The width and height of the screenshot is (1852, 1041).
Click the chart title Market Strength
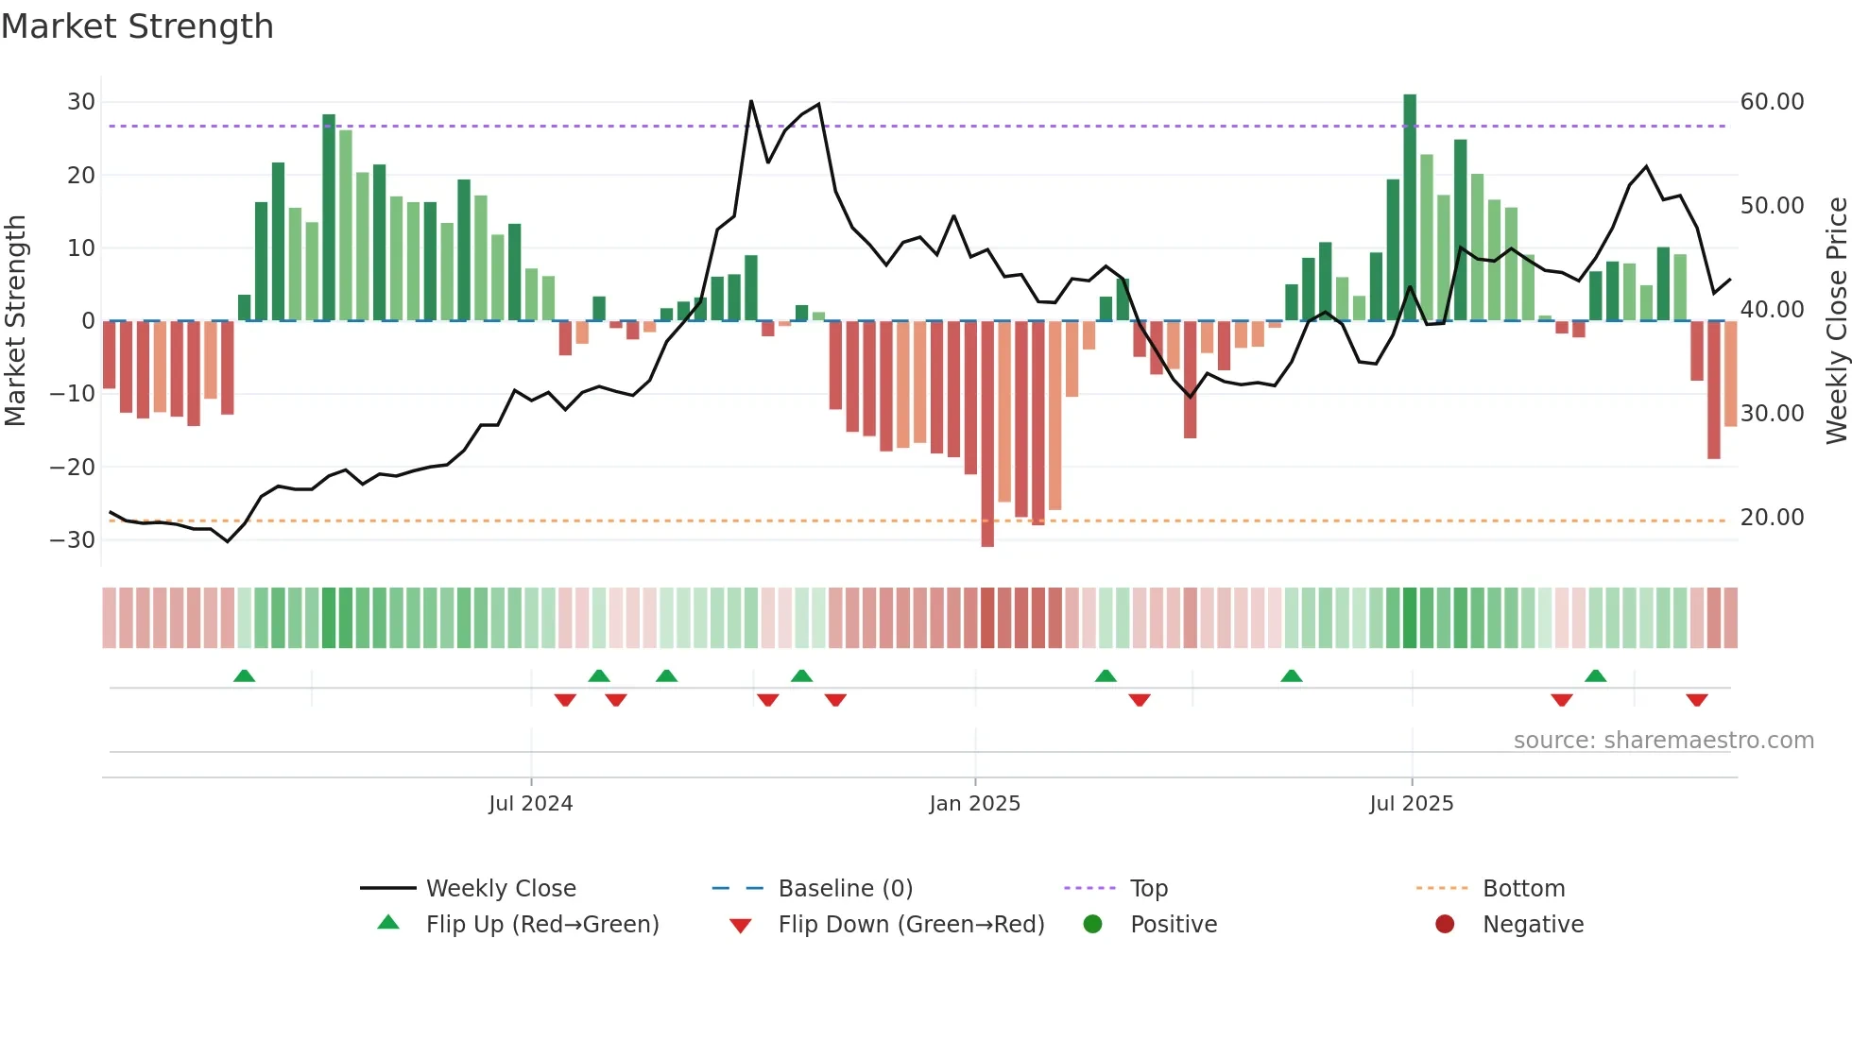tap(137, 26)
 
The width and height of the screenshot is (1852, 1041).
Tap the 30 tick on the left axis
tap(81, 102)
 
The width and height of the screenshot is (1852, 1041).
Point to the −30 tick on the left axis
tap(73, 540)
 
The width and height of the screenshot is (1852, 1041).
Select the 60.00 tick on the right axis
tap(1772, 102)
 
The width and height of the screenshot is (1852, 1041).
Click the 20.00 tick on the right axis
tap(1772, 518)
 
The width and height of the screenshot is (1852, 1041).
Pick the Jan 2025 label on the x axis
tap(974, 804)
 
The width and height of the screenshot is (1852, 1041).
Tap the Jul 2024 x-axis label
tap(530, 804)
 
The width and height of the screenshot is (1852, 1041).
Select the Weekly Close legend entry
tap(500, 889)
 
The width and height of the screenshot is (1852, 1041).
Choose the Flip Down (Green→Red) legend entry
tap(910, 925)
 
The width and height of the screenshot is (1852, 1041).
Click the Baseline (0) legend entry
tap(845, 889)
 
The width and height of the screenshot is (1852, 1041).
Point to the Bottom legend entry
tap(1523, 889)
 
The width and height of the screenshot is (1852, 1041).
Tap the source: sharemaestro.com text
tap(1663, 741)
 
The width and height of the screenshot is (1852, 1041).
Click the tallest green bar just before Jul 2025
tap(1410, 208)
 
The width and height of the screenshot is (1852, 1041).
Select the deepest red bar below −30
tap(987, 435)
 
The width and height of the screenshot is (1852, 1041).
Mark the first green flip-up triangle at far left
tap(244, 676)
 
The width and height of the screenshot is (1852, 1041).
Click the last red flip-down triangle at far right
tap(1696, 700)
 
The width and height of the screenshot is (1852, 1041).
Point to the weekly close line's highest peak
tap(751, 101)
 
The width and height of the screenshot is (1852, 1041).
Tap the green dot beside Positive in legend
tap(1092, 925)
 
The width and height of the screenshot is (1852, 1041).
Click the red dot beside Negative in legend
tap(1445, 925)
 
